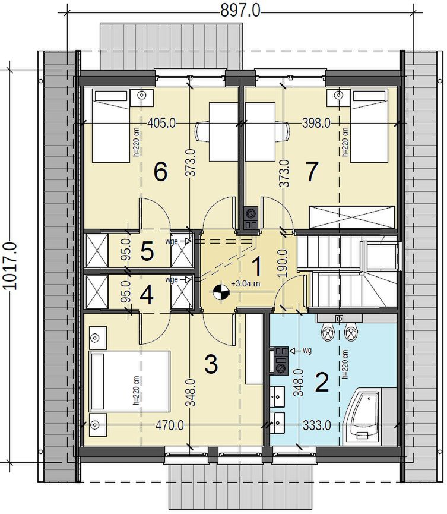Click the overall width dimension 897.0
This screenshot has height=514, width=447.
pos(240,10)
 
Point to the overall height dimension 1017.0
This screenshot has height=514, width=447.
pos(9,266)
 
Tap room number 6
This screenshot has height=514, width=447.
pos(160,172)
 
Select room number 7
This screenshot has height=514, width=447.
pos(311,172)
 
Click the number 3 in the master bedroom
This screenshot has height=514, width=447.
pos(211,364)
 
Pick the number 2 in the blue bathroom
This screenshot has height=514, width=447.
pos(322,382)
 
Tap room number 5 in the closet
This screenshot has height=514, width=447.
pos(147,251)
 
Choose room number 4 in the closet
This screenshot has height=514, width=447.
pos(147,295)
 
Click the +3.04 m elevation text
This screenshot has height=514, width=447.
pos(245,284)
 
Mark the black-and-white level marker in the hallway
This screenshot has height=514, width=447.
pos(221,291)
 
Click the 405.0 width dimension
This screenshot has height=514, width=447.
pos(161,123)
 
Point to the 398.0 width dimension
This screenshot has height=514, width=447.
pos(316,123)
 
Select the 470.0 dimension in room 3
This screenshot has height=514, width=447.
pos(169,426)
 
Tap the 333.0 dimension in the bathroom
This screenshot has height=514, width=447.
pos(316,426)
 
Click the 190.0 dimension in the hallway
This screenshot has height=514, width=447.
pos(283,263)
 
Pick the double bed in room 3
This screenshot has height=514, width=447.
pos(129,381)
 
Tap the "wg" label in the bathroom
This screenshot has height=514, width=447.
pos(307,351)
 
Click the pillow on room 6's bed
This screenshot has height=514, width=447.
pos(110,96)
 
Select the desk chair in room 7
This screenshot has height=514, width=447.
pos(283,132)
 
